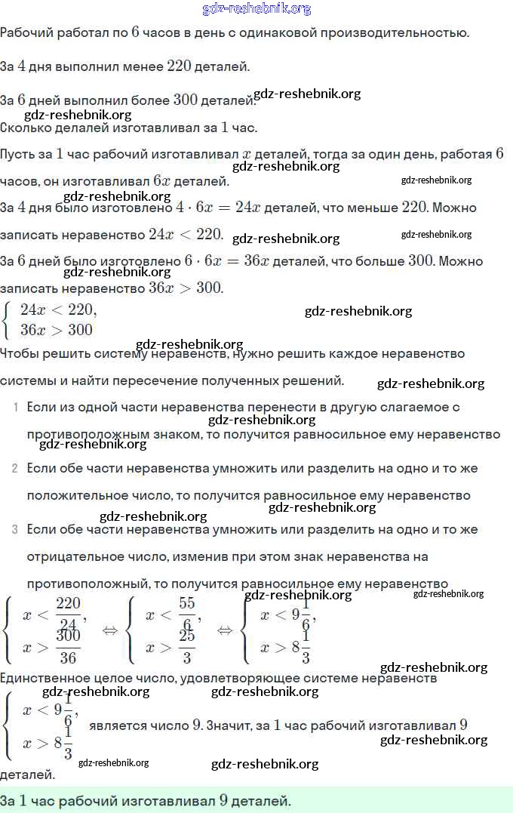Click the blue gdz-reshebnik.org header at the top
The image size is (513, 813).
(256, 9)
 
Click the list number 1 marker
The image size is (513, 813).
(16, 408)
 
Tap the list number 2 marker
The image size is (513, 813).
(15, 469)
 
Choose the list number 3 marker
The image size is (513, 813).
(15, 530)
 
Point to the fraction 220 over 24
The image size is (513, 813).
(68, 613)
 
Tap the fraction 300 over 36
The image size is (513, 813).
(68, 646)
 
